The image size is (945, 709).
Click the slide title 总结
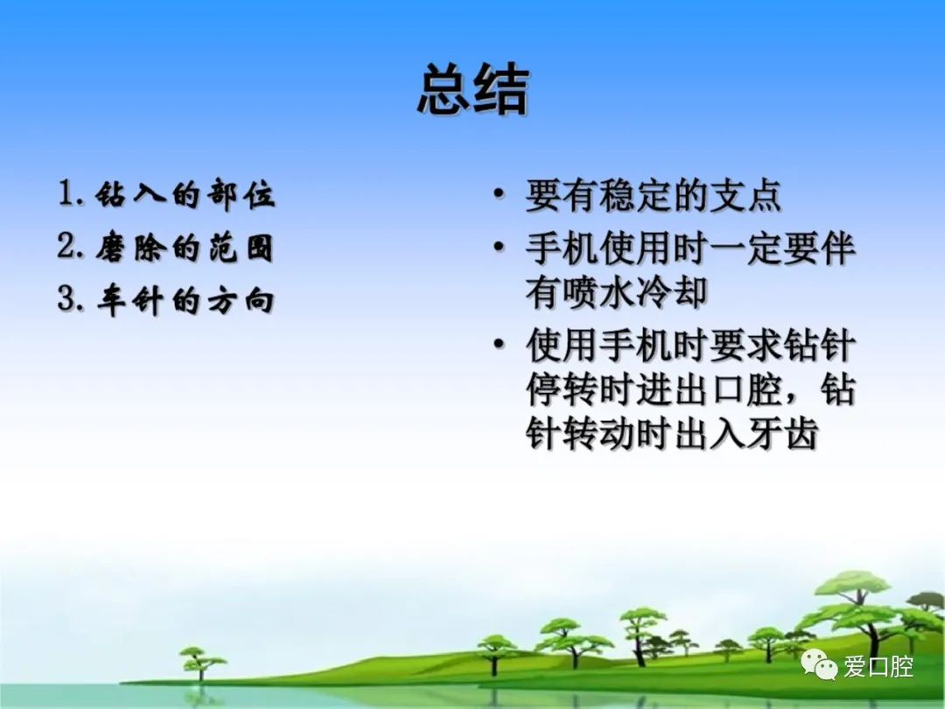coord(473,89)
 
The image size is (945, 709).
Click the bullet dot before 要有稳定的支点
coord(499,194)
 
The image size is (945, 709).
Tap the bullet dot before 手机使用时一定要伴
coord(499,247)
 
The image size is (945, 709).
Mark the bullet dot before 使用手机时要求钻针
coord(499,344)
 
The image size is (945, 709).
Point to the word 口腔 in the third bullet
coord(746,390)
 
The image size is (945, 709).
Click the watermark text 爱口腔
coord(878,667)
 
